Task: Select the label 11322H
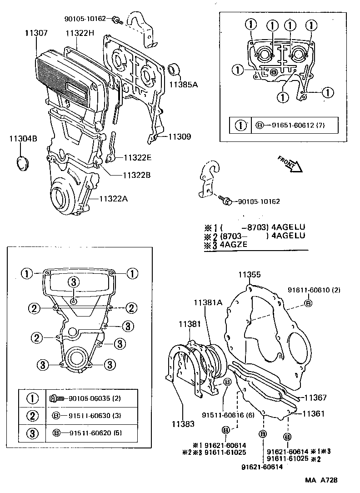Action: (80, 33)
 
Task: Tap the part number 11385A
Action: (183, 85)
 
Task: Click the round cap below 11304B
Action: (23, 163)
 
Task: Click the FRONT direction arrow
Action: (290, 164)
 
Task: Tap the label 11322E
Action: (136, 158)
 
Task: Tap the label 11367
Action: (315, 397)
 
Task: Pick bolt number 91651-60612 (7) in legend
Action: (295, 125)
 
